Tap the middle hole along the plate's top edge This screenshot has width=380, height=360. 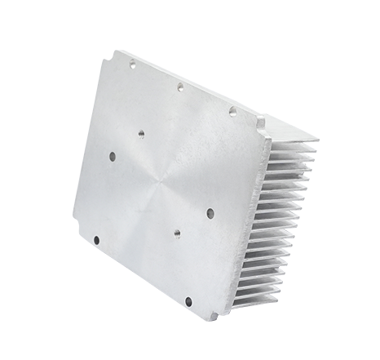click(179, 85)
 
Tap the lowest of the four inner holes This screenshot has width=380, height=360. click(176, 233)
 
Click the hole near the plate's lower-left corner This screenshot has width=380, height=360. click(96, 240)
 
